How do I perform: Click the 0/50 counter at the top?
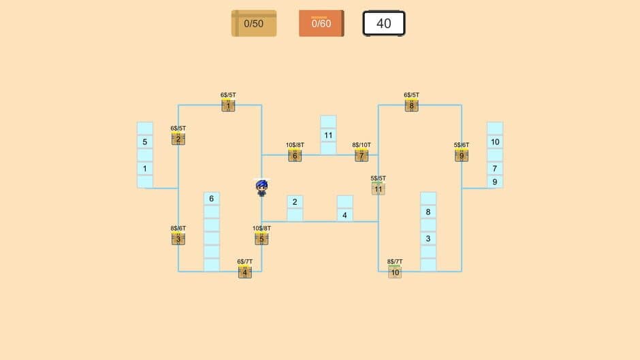click(x=254, y=23)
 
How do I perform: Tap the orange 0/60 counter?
click(x=321, y=23)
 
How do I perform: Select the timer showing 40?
click(x=384, y=23)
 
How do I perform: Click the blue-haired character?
click(x=261, y=188)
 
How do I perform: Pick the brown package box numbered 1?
click(x=228, y=105)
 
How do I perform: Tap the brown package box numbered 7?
click(x=362, y=156)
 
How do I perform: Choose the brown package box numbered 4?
click(x=245, y=272)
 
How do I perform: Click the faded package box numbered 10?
click(x=395, y=272)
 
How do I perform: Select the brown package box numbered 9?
click(x=462, y=156)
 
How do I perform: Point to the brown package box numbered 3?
click(x=178, y=239)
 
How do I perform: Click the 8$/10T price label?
click(x=362, y=145)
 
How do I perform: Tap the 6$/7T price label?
click(x=245, y=261)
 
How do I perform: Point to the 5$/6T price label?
click(x=462, y=145)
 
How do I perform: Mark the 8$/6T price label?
click(x=178, y=228)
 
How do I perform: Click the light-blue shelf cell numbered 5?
click(x=145, y=142)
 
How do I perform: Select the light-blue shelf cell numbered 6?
click(x=212, y=199)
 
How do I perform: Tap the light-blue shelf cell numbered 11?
click(x=328, y=135)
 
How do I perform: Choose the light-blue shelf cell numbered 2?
click(x=295, y=202)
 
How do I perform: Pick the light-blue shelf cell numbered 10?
click(x=495, y=142)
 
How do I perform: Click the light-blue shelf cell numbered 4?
click(x=345, y=215)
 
